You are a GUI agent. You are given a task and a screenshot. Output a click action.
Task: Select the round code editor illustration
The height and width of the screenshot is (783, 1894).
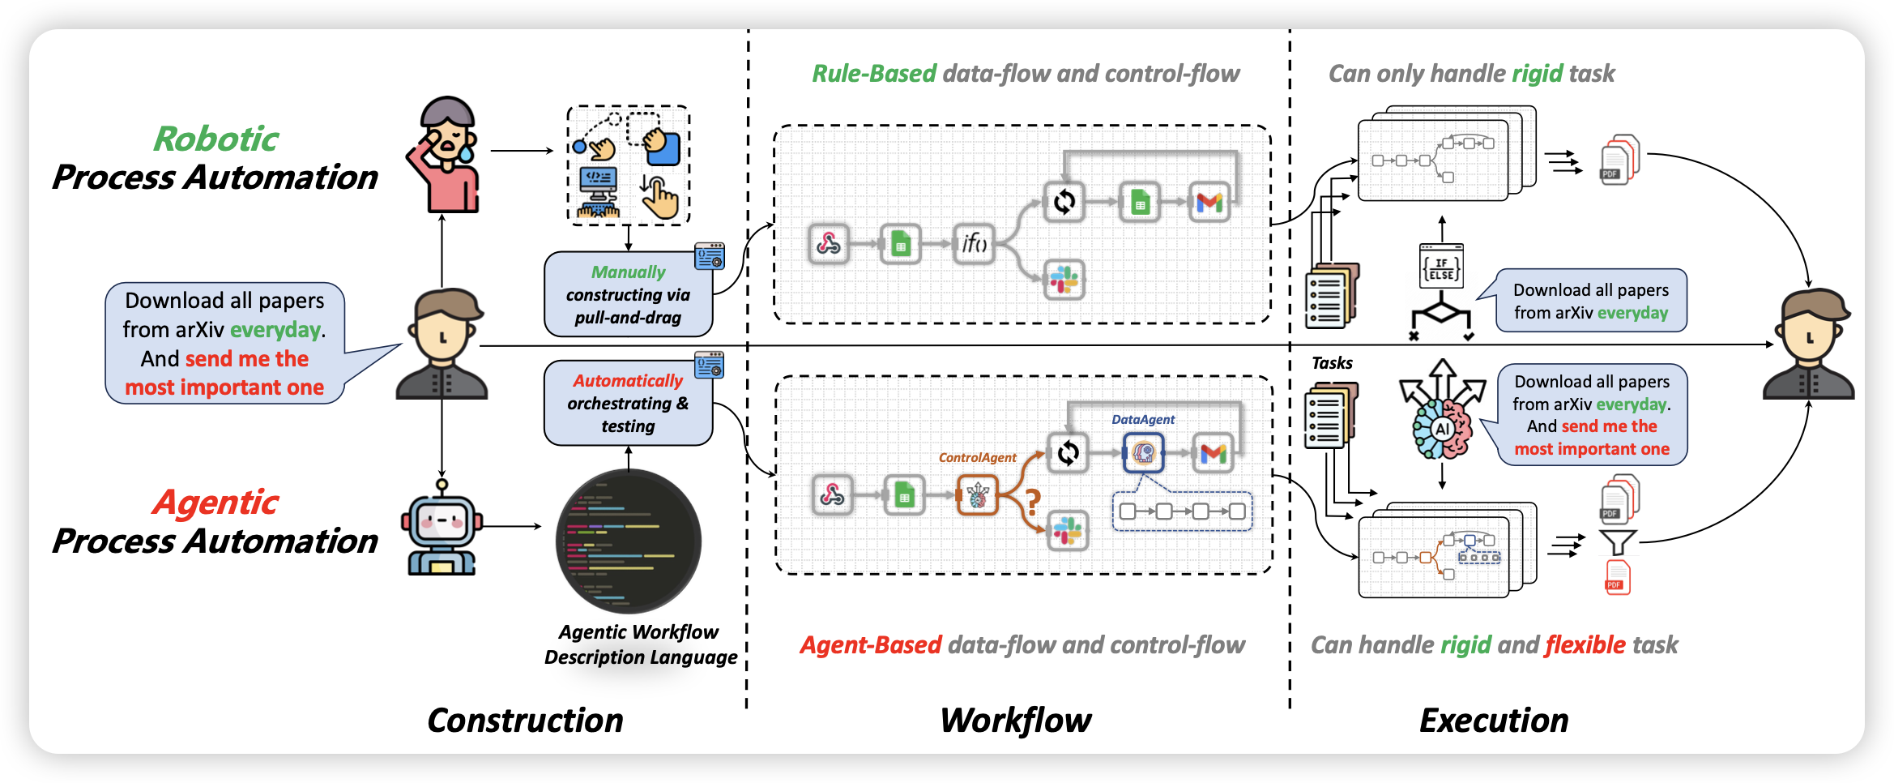(x=629, y=541)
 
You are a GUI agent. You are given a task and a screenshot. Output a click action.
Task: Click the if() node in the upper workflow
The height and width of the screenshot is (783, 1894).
(x=974, y=242)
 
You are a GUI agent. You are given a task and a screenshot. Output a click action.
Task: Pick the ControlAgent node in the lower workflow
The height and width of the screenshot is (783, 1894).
(x=977, y=494)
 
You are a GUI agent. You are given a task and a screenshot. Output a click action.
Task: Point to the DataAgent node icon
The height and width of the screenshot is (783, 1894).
(x=1143, y=452)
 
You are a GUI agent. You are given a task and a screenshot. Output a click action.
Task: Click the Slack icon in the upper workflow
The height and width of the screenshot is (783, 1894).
(x=1064, y=280)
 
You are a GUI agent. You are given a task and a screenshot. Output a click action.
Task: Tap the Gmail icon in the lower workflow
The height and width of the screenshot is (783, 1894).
(x=1213, y=453)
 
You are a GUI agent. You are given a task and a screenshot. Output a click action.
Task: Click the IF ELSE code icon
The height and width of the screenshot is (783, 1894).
(x=1441, y=267)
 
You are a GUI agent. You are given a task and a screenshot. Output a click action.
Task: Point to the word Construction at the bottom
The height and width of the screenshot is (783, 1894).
(x=525, y=721)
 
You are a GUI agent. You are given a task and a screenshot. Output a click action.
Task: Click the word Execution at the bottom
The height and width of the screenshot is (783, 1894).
(x=1494, y=721)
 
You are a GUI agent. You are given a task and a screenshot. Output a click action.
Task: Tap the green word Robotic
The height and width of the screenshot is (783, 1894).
(x=216, y=139)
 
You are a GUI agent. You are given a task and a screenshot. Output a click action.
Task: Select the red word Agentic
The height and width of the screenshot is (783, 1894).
(x=215, y=503)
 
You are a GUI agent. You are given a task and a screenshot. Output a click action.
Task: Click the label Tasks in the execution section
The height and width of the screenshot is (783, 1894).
(x=1332, y=363)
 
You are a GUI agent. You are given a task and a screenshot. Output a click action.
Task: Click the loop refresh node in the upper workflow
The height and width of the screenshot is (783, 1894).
(x=1064, y=201)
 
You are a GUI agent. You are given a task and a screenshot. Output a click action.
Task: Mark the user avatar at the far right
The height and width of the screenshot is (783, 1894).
(x=1809, y=344)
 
